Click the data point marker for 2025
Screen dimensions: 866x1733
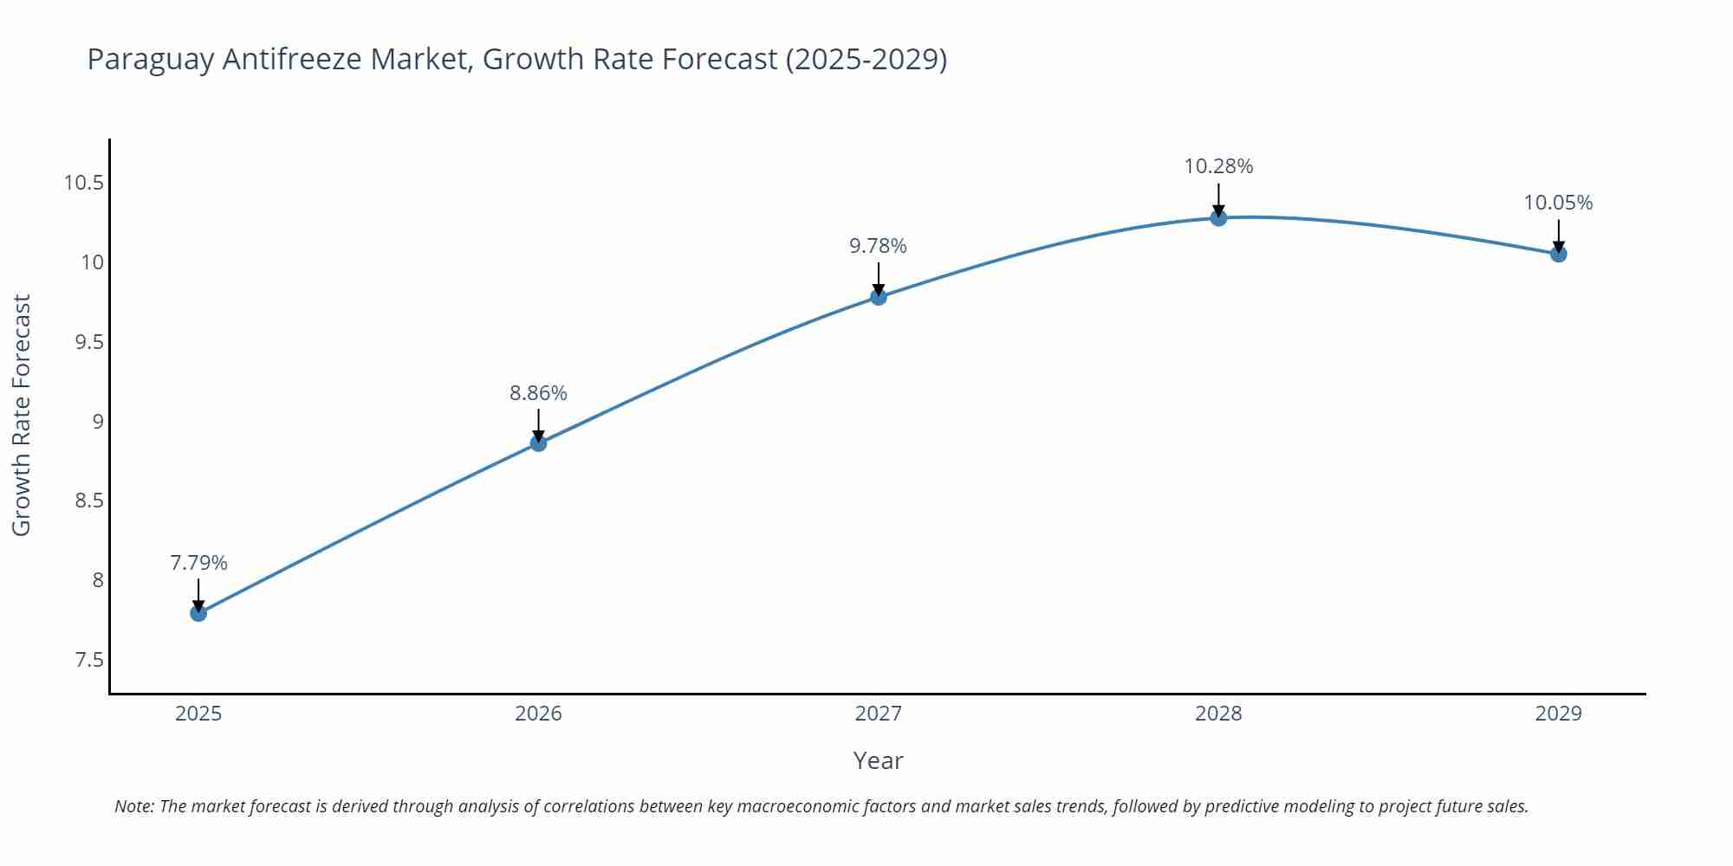pos(198,613)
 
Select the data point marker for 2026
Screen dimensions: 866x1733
pos(538,443)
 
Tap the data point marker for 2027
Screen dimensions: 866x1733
pos(878,297)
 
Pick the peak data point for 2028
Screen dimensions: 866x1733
pos(1218,217)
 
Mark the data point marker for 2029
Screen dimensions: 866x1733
pos(1558,254)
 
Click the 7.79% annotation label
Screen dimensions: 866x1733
pos(198,563)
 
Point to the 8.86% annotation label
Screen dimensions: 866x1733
pos(538,393)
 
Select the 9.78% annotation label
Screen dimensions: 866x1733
pos(878,246)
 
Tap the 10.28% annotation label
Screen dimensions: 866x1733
pos(1218,166)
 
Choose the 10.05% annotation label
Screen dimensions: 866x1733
pos(1558,203)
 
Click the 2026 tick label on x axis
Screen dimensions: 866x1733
pos(538,714)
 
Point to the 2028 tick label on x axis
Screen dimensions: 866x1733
pos(1218,714)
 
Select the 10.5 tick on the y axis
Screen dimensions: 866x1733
pos(83,183)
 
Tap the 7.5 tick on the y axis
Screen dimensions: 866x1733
pos(88,661)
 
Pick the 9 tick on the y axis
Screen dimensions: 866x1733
pos(97,422)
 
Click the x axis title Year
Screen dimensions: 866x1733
pos(878,760)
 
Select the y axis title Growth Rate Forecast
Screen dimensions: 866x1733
pos(22,415)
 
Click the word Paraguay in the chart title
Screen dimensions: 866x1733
pos(151,60)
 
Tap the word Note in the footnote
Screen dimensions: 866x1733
pos(133,806)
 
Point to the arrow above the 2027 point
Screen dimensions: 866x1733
pos(878,277)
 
